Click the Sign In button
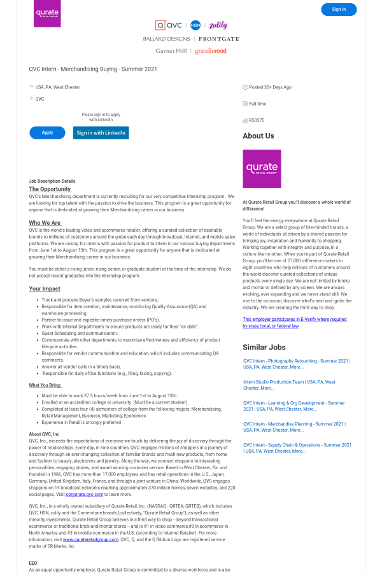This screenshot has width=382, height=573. click(339, 10)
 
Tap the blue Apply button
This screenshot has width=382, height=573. click(47, 132)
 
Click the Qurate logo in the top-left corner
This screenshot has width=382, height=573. click(47, 13)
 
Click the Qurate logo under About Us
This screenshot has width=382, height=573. click(262, 169)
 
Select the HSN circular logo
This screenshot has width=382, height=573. click(195, 25)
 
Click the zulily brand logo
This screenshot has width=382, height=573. click(218, 25)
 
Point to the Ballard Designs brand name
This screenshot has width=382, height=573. click(166, 39)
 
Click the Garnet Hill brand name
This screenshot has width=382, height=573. click(171, 51)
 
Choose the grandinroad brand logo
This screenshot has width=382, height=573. click(211, 51)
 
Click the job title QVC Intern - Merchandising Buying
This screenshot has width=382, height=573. click(93, 69)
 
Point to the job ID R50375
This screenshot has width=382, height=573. click(257, 120)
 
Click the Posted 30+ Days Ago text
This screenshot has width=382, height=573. click(270, 87)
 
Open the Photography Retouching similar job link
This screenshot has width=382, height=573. click(296, 364)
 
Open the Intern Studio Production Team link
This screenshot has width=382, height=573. click(289, 385)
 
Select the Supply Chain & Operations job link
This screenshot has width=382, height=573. click(297, 448)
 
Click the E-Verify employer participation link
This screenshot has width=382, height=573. click(294, 322)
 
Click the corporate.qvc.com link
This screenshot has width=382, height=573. click(83, 494)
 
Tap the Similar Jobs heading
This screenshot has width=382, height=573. click(264, 348)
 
